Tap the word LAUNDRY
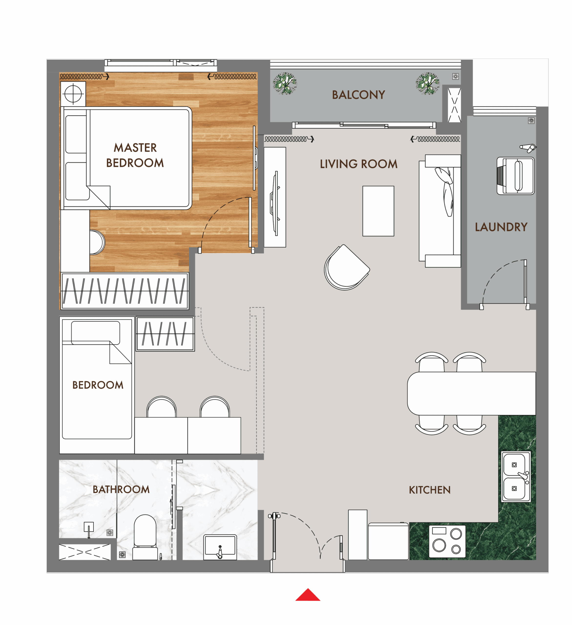tap(501, 227)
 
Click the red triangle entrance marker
tap(308, 595)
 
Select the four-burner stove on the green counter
tap(447, 541)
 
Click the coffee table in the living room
tap(378, 211)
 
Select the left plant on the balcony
tap(285, 83)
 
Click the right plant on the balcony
tap(427, 83)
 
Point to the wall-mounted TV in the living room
tap(275, 203)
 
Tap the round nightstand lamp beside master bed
tap(73, 94)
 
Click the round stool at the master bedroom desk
tap(97, 242)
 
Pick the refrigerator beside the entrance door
tap(357, 535)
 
